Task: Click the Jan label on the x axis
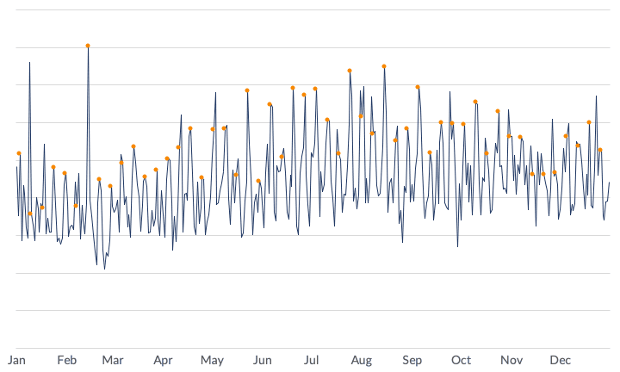click(16, 359)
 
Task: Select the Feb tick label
click(67, 359)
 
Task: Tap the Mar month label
click(113, 359)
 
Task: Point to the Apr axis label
click(163, 359)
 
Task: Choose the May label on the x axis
click(212, 359)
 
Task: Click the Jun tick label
click(263, 359)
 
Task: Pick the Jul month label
click(312, 359)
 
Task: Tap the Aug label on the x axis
click(362, 359)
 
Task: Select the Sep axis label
click(412, 359)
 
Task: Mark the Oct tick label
click(462, 359)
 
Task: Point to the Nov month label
click(512, 359)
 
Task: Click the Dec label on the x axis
click(561, 359)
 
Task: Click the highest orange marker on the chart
click(88, 46)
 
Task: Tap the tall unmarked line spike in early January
click(29, 62)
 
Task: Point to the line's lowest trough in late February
click(105, 269)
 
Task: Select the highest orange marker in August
click(384, 66)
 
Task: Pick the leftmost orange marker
click(19, 153)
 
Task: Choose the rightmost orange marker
click(600, 150)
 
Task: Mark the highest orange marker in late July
click(350, 71)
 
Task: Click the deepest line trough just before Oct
click(457, 246)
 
